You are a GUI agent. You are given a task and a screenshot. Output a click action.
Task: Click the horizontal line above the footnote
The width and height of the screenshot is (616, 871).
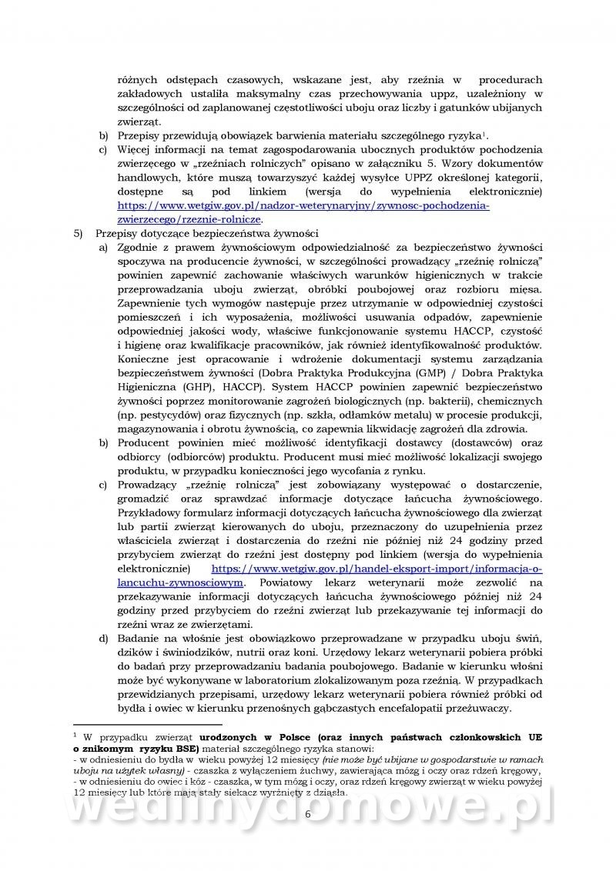click(x=147, y=724)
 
